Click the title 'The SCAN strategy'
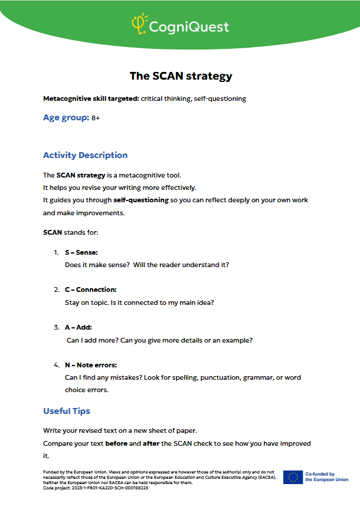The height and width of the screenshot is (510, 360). point(181,76)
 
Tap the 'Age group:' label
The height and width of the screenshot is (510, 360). point(66,118)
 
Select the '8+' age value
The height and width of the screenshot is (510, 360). point(96,119)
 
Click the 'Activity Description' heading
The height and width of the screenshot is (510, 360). point(85,155)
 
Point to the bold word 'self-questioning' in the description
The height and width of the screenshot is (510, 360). point(141,200)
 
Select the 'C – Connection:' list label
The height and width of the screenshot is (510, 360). point(90,289)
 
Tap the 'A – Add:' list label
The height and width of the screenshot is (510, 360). point(78,327)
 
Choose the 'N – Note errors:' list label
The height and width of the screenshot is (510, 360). point(91,365)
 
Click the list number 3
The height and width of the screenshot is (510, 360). point(55,327)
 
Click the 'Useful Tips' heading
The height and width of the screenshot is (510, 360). point(67,411)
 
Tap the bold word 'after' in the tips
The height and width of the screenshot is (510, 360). point(151,443)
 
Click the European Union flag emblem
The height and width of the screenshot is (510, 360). point(292,477)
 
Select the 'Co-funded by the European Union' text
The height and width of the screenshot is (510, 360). point(326,477)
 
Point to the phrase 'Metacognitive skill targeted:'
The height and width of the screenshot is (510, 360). point(91,98)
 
